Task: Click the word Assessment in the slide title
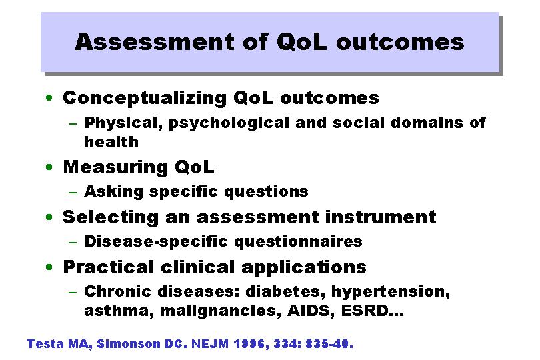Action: pos(155,42)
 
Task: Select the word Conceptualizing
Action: pos(145,99)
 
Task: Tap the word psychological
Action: pos(229,123)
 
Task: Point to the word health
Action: pos(111,142)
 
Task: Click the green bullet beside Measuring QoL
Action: pos(49,167)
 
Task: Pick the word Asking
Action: pos(113,191)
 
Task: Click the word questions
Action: pos(266,192)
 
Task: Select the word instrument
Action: pos(381,217)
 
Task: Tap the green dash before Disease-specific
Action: pos(73,242)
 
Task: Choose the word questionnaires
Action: pos(298,241)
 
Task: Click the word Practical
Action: pos(109,267)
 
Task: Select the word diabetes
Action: pos(285,292)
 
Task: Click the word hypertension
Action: pos(391,292)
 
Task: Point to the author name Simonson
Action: pos(129,344)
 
